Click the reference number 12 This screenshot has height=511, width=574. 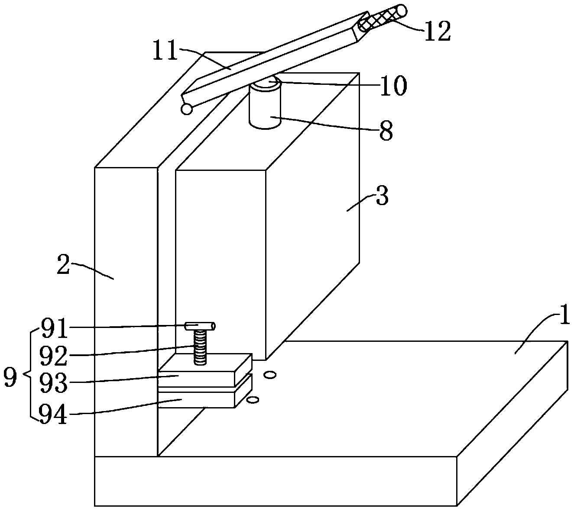click(x=437, y=31)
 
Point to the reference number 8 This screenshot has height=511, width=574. click(x=386, y=130)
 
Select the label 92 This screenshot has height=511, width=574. click(x=53, y=356)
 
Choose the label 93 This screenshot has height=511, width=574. click(x=53, y=382)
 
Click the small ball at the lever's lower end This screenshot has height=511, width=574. click(x=187, y=109)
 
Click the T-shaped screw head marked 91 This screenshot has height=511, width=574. click(x=200, y=325)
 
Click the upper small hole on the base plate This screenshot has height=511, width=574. click(x=270, y=375)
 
